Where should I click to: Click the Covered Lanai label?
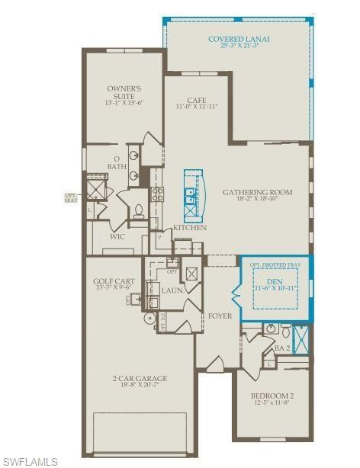click(x=239, y=38)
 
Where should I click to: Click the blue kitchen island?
click(x=191, y=194)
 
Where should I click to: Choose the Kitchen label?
click(x=189, y=228)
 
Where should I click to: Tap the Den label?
click(x=275, y=281)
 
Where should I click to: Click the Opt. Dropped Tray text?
click(x=276, y=264)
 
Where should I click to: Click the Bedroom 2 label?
click(x=272, y=396)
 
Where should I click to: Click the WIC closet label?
click(x=117, y=237)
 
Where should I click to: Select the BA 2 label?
click(x=282, y=348)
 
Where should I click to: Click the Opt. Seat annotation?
click(x=72, y=197)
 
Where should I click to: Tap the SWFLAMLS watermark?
click(x=30, y=461)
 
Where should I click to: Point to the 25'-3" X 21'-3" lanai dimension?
click(x=239, y=46)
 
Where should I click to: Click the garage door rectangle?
click(x=140, y=433)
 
